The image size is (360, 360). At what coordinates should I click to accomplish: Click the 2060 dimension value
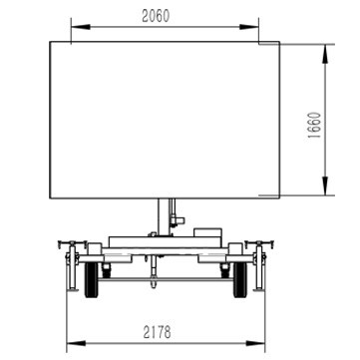[156, 16]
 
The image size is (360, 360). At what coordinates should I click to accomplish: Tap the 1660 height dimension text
[314, 126]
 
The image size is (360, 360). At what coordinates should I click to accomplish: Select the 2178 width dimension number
[158, 332]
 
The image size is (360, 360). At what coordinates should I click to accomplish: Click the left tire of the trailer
[92, 279]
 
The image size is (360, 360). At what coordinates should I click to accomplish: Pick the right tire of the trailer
[240, 279]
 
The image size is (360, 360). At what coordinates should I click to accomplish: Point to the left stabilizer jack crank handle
[72, 243]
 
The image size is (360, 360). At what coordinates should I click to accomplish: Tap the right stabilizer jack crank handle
[259, 243]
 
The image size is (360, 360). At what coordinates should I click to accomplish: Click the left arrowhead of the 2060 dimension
[81, 27]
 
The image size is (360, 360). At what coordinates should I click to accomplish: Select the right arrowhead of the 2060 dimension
[249, 27]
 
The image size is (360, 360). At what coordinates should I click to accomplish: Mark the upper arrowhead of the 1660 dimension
[325, 54]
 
